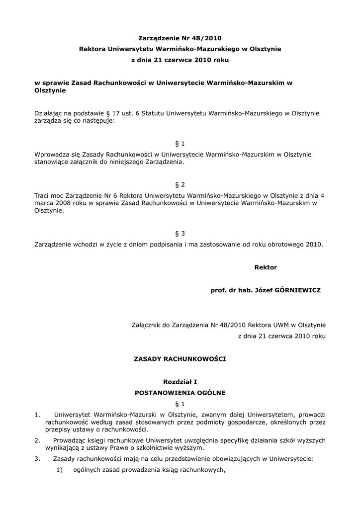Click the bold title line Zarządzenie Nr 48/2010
[x=180, y=38]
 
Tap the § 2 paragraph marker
[x=180, y=184]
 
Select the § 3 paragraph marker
[x=180, y=233]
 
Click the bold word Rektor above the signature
[x=266, y=267]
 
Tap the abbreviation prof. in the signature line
[x=219, y=290]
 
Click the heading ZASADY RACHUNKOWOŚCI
[x=180, y=358]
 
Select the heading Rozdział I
[x=180, y=382]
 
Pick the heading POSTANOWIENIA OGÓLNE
[x=180, y=393]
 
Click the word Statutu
[x=147, y=113]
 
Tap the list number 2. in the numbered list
[x=37, y=440]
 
